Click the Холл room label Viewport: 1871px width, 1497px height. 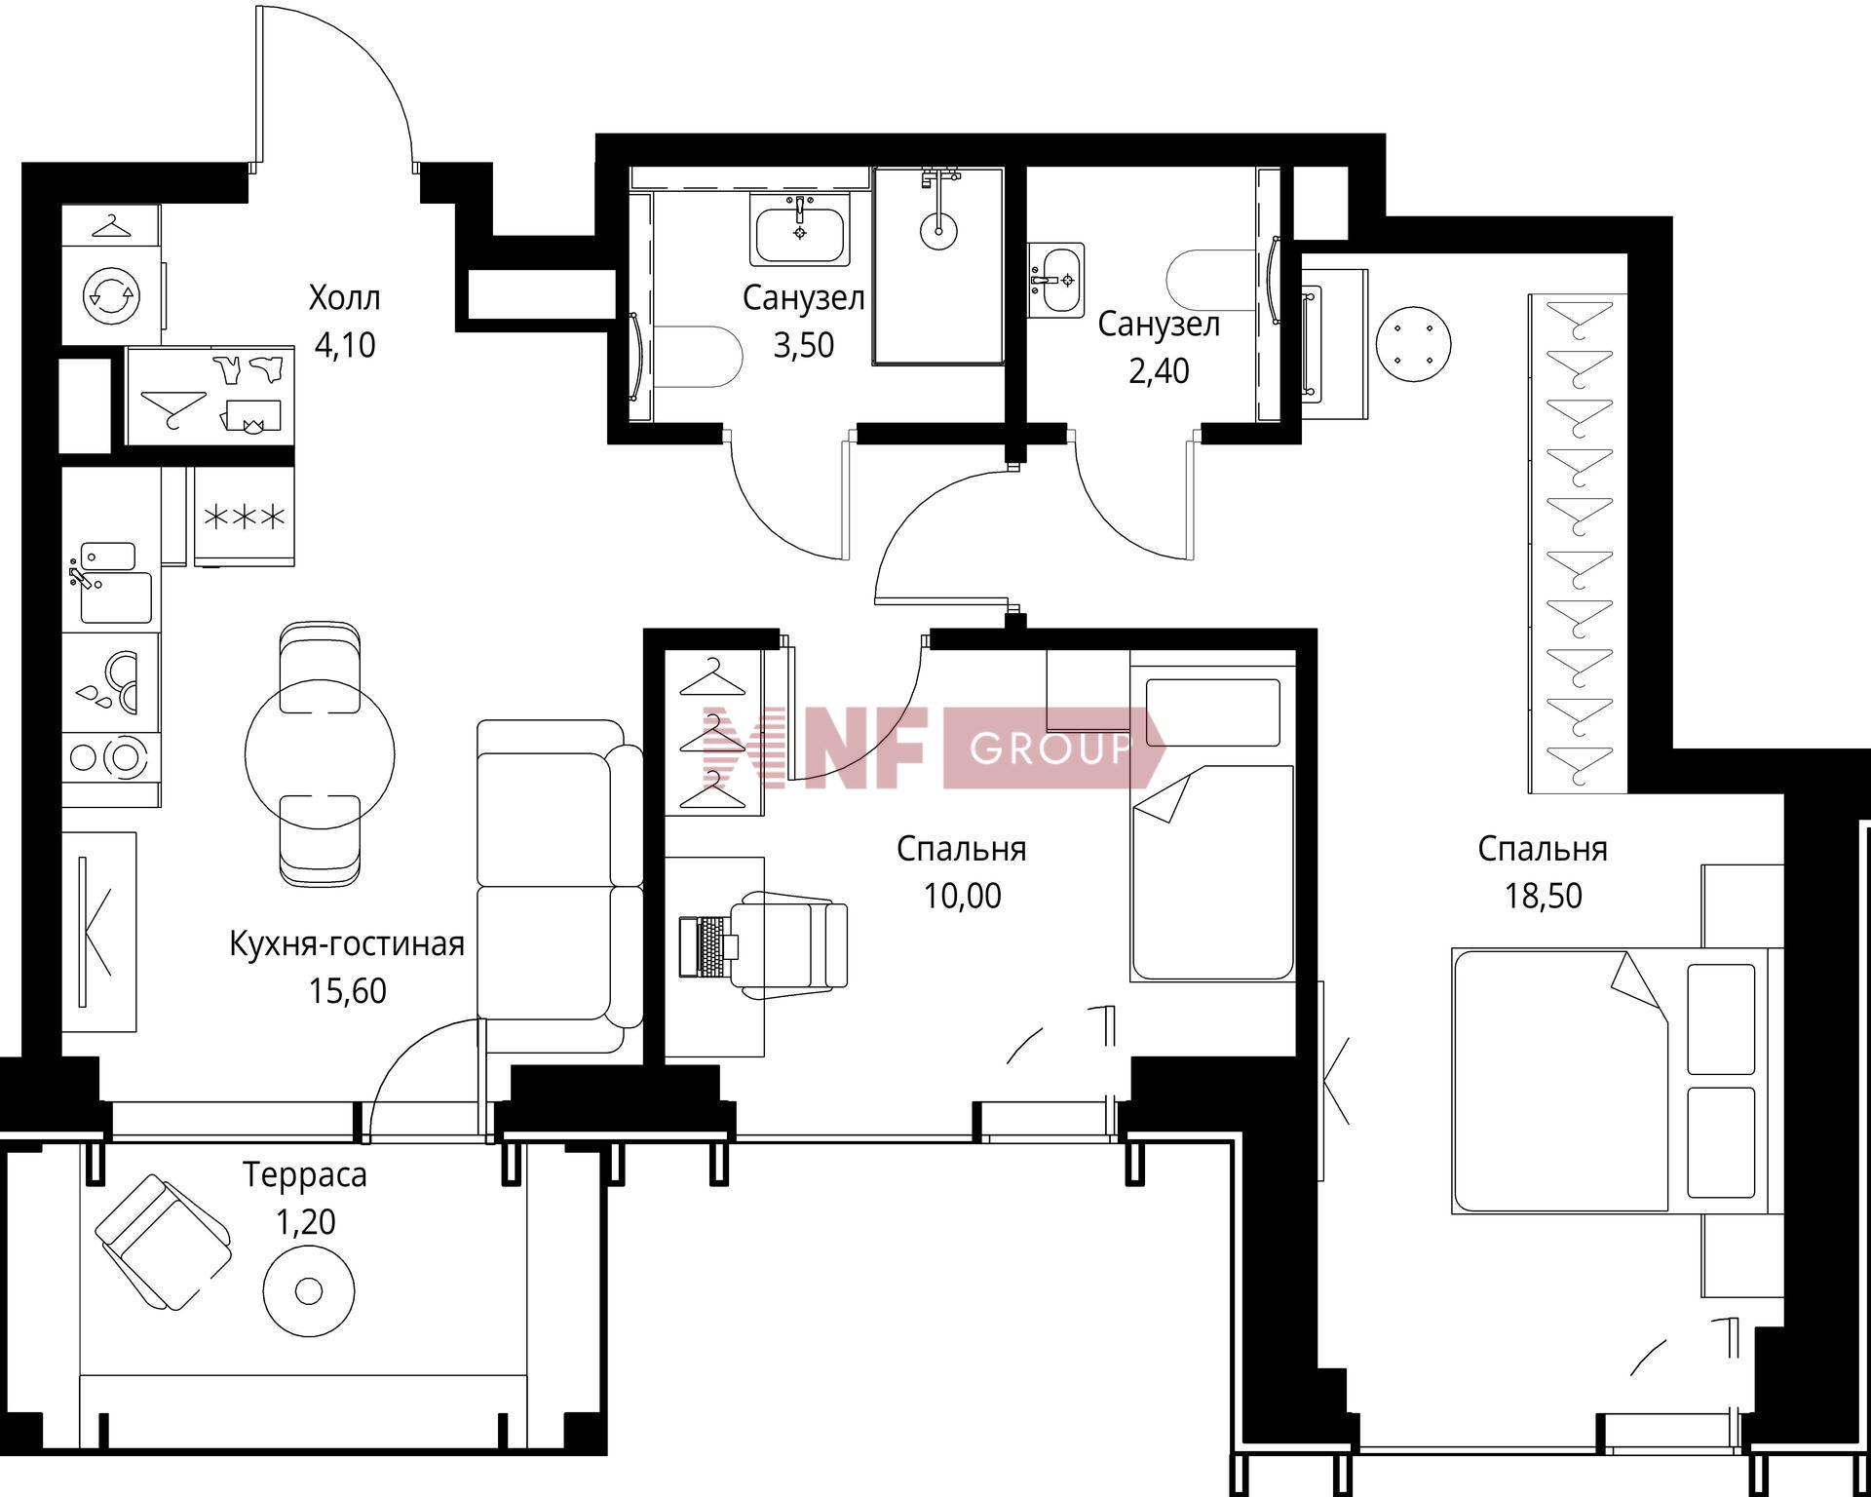(x=344, y=297)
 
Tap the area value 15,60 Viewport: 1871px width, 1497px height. (x=348, y=991)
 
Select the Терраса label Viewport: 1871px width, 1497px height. (x=305, y=1176)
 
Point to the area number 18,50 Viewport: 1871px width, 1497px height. (x=1544, y=896)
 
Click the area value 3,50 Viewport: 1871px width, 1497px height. (x=804, y=346)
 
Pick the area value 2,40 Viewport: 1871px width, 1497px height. (x=1159, y=371)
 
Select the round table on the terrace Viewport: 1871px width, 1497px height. (x=309, y=1291)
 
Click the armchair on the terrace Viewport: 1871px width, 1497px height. (x=164, y=1242)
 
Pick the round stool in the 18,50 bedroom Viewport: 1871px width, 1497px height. (x=1413, y=344)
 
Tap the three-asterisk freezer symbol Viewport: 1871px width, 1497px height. (x=244, y=516)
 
